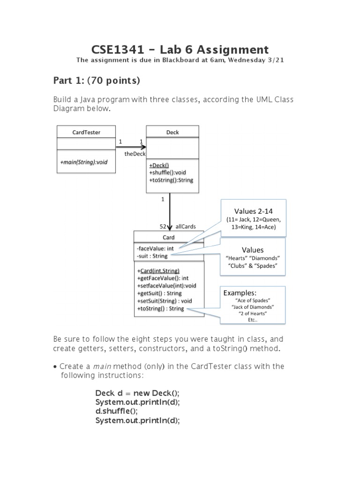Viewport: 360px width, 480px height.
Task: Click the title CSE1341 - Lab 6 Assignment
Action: click(180, 50)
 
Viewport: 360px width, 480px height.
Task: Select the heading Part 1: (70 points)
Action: click(97, 81)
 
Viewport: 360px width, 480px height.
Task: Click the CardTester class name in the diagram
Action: click(86, 132)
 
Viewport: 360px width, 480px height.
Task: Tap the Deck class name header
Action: click(172, 132)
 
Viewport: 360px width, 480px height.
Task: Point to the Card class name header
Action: click(169, 237)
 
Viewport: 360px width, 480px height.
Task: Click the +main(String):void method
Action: click(83, 162)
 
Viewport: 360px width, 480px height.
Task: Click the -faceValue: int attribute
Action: click(155, 248)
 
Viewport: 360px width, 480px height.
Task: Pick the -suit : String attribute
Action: click(152, 256)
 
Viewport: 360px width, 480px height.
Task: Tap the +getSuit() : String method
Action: click(159, 293)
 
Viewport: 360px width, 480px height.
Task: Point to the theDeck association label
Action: click(135, 153)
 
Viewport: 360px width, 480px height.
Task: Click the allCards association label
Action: click(186, 226)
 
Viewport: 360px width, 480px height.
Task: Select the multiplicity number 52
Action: click(164, 226)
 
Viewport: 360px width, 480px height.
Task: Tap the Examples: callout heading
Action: click(240, 292)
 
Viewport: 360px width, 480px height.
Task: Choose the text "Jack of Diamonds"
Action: click(253, 307)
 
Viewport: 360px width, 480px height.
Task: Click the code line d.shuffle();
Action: click(117, 411)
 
